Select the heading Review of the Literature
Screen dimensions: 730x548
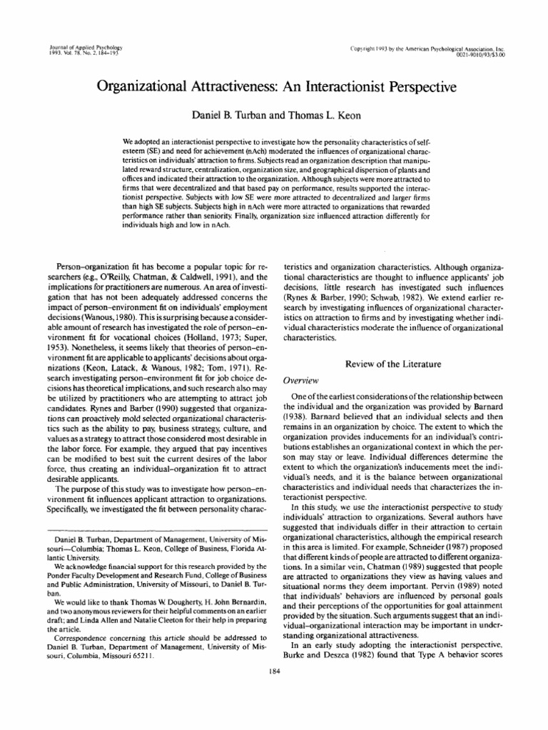(x=394, y=364)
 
